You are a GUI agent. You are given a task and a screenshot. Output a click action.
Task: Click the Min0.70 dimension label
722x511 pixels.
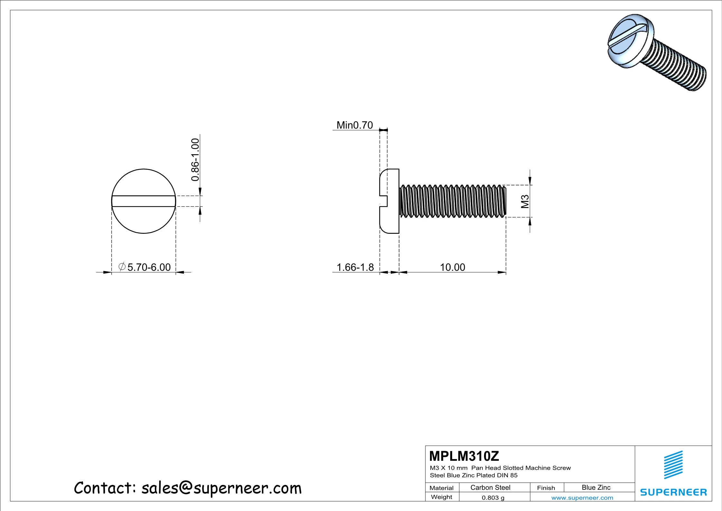[x=354, y=125]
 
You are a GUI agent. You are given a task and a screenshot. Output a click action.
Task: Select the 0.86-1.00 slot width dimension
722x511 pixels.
[x=195, y=160]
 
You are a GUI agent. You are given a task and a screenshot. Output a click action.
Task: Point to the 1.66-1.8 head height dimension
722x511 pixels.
[x=355, y=267]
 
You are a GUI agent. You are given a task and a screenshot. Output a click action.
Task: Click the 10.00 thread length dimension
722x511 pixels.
[x=452, y=267]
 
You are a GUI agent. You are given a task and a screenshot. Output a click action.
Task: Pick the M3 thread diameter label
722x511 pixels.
[x=525, y=202]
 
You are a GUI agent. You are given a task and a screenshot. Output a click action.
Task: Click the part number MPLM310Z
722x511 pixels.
[x=464, y=456]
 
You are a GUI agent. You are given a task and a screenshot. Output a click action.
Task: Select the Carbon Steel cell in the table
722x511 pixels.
[x=490, y=487]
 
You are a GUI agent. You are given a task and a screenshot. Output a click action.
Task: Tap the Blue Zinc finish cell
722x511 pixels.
[x=596, y=487]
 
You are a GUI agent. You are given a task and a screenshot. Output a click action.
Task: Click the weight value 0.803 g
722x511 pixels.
[x=493, y=497]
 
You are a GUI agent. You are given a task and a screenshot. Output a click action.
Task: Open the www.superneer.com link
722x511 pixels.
[x=582, y=498]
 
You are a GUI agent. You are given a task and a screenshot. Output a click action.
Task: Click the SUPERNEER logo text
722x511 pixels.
[x=673, y=492]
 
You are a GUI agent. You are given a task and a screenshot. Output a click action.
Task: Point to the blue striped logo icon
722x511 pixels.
[x=673, y=465]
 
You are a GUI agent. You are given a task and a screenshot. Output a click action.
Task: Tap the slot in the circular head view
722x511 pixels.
[x=144, y=201]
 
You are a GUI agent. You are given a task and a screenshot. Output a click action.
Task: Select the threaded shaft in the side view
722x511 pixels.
[x=452, y=201]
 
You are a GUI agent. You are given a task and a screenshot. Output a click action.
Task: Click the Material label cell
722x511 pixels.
[x=441, y=488]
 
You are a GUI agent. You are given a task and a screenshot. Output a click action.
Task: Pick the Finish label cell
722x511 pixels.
[x=546, y=488]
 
